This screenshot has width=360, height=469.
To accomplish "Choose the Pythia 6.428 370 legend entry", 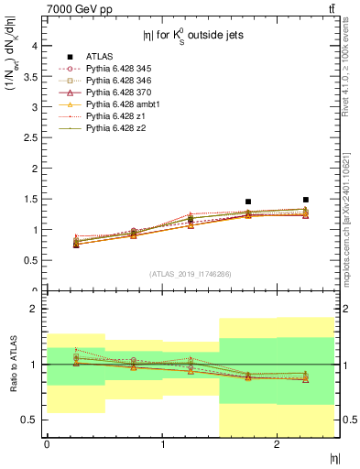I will coord(114,93).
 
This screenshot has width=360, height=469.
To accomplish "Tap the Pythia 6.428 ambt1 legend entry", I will coord(116,104).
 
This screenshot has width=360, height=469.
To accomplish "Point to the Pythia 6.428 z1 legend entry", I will coord(109,116).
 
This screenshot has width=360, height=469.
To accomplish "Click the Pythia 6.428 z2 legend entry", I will coord(109,128).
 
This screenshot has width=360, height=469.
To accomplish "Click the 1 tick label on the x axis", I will coord(162,445).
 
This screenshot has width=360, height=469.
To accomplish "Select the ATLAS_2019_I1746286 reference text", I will coord(191,274).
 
